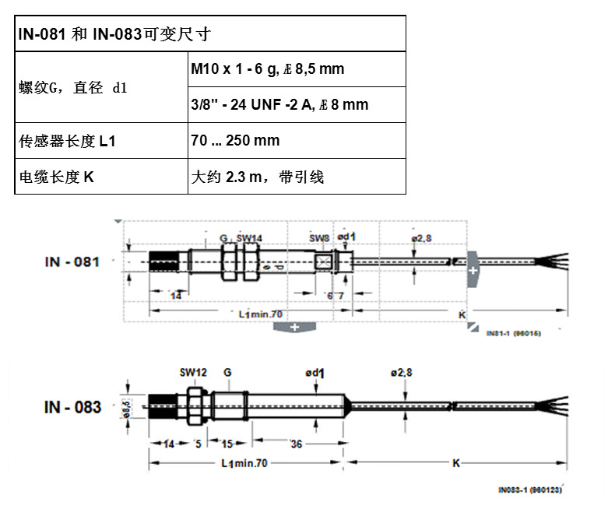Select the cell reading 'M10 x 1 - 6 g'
click(x=267, y=69)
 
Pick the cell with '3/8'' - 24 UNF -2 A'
click(x=279, y=104)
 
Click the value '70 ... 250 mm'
click(x=235, y=141)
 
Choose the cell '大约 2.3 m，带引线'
click(x=257, y=177)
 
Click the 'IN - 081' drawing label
click(x=72, y=262)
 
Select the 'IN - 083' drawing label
click(x=72, y=407)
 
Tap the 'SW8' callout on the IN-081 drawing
click(x=319, y=237)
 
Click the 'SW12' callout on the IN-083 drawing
click(x=193, y=373)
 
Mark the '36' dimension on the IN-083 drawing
click(x=296, y=444)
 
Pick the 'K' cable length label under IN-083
click(x=457, y=463)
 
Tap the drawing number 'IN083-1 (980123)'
click(x=529, y=490)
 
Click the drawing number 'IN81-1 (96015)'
click(x=513, y=332)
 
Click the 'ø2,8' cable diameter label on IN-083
click(x=401, y=373)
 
